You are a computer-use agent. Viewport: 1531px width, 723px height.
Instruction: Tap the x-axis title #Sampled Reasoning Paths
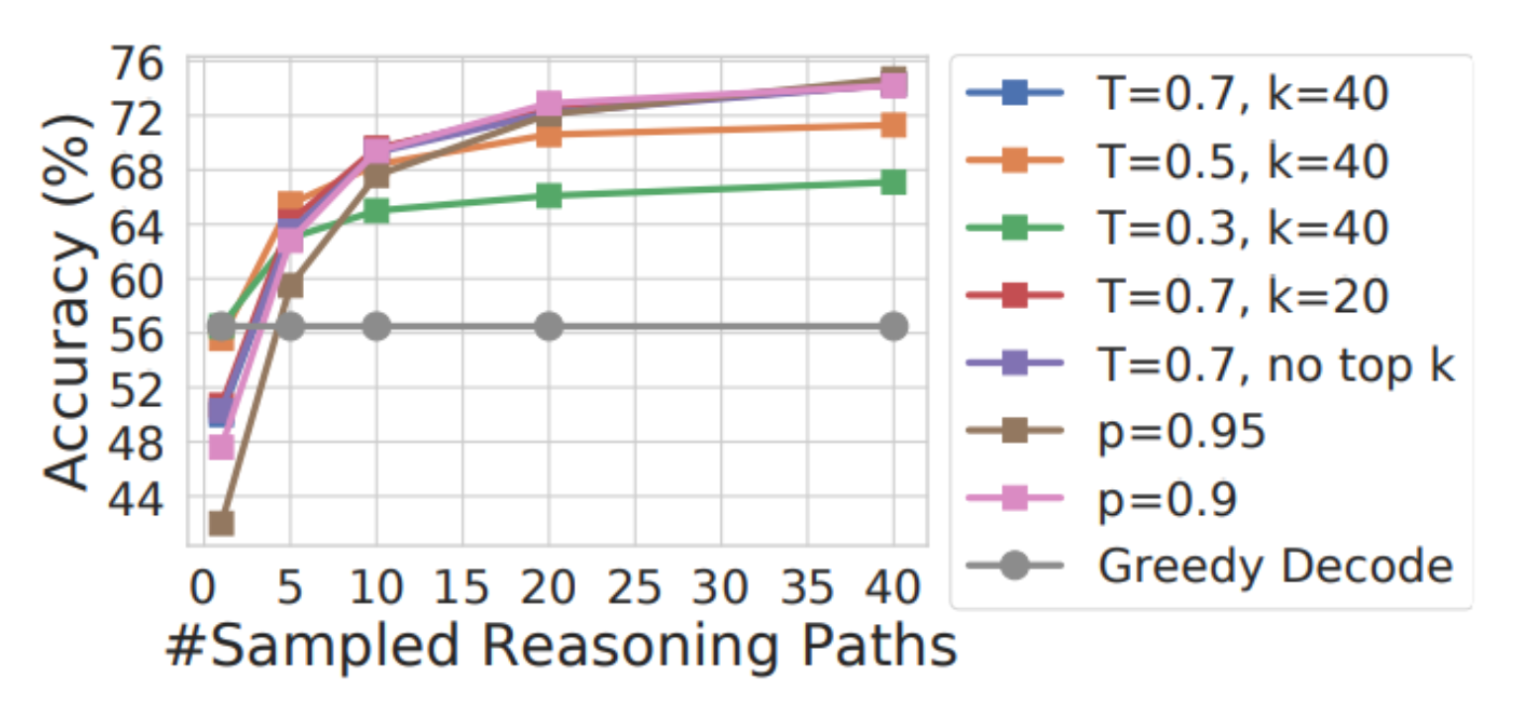click(x=561, y=647)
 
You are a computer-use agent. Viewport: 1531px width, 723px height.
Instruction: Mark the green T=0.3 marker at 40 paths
click(x=893, y=182)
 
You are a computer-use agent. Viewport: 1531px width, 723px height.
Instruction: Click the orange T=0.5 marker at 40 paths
click(x=893, y=125)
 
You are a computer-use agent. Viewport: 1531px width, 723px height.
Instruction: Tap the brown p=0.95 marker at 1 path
click(x=222, y=522)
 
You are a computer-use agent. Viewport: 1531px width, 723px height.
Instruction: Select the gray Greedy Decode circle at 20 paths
click(x=549, y=327)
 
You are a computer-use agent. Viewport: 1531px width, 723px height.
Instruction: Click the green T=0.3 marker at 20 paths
click(x=549, y=195)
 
